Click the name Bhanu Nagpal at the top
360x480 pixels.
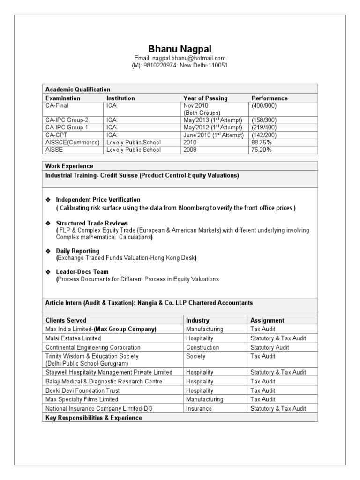tap(180, 49)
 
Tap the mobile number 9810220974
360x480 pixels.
tap(160, 66)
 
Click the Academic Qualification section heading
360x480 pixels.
tap(78, 90)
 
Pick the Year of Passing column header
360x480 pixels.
tap(206, 98)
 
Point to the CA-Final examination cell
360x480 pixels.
tap(57, 106)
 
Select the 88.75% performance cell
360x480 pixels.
tap(262, 142)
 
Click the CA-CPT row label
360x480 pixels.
tap(57, 135)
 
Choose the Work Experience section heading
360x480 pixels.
tap(69, 166)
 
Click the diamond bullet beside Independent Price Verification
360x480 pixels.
tap(47, 200)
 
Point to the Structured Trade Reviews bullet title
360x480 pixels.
tap(92, 223)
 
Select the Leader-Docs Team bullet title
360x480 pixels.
tap(82, 272)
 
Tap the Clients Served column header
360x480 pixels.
tap(66, 320)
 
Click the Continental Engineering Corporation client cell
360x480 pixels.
tap(93, 347)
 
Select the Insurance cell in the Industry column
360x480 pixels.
tap(199, 408)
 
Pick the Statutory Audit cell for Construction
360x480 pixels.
tap(270, 347)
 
